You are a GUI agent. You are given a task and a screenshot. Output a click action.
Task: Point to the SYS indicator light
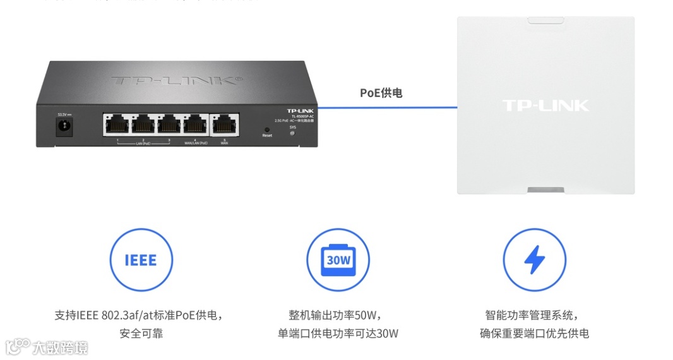pyautogui.click(x=292, y=133)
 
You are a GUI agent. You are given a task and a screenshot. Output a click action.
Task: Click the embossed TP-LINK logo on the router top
pyautogui.click(x=176, y=81)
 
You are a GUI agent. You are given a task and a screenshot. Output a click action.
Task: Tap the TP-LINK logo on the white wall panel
pyautogui.click(x=545, y=105)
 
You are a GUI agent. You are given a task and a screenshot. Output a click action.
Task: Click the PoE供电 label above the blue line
pyautogui.click(x=381, y=93)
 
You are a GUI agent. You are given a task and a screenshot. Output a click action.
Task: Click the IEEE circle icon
pyautogui.click(x=141, y=260)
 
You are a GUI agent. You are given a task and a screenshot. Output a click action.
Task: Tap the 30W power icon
pyautogui.click(x=338, y=260)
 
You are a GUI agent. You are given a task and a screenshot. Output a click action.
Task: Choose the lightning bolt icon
pyautogui.click(x=534, y=260)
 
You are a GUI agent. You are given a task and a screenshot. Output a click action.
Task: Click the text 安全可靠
pyautogui.click(x=141, y=333)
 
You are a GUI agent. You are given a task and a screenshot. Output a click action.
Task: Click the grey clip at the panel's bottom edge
pyautogui.click(x=546, y=189)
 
